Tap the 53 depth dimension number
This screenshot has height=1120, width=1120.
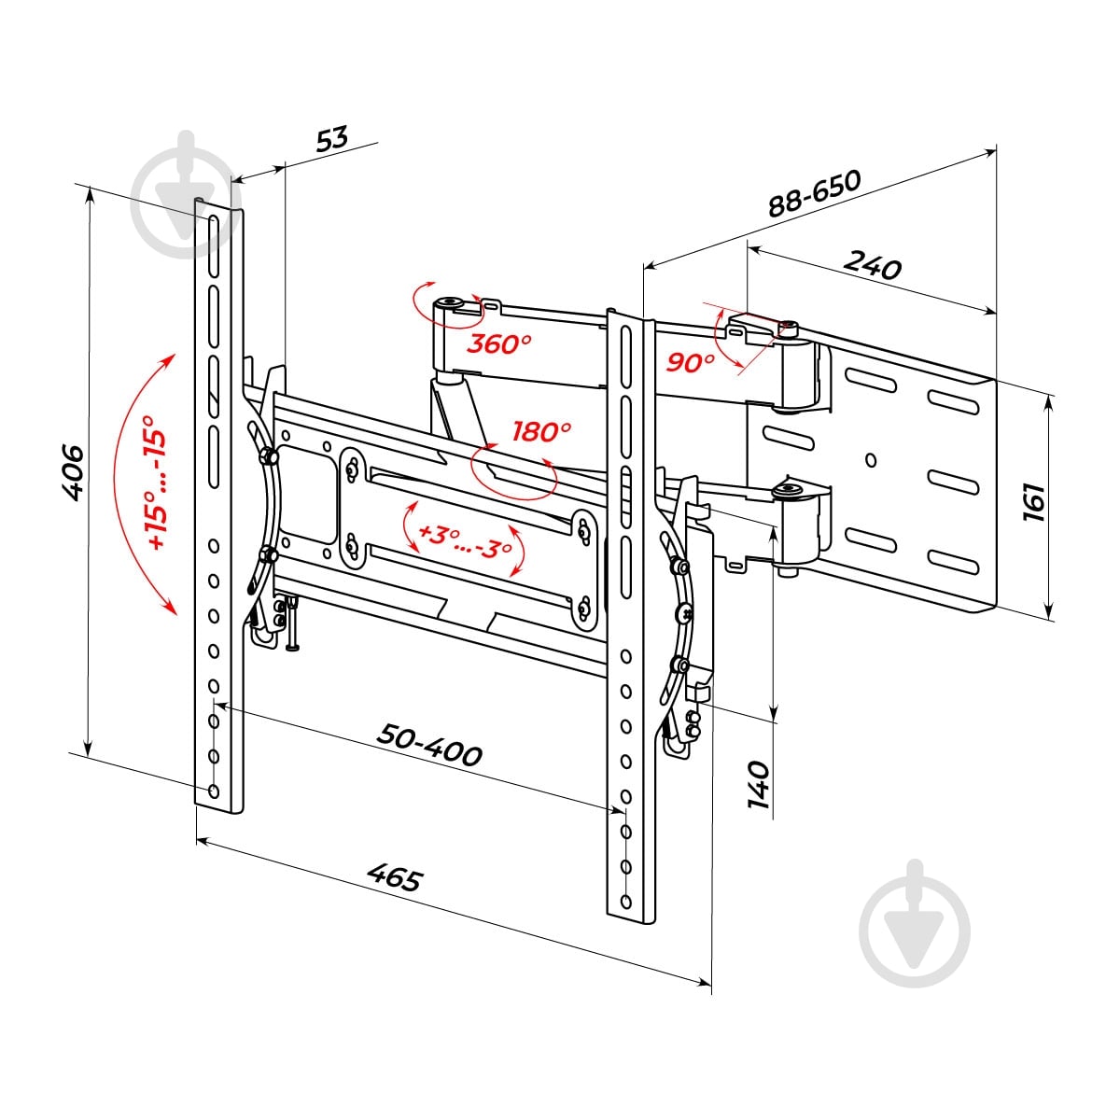(x=332, y=139)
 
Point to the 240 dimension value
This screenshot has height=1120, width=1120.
(x=873, y=266)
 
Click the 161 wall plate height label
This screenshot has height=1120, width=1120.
(x=1034, y=502)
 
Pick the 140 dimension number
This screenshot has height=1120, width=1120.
(x=759, y=784)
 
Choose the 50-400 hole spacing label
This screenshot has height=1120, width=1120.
(x=429, y=746)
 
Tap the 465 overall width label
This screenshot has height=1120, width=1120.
(x=395, y=877)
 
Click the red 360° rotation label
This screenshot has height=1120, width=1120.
(x=498, y=344)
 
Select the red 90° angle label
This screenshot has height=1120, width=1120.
(x=690, y=363)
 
